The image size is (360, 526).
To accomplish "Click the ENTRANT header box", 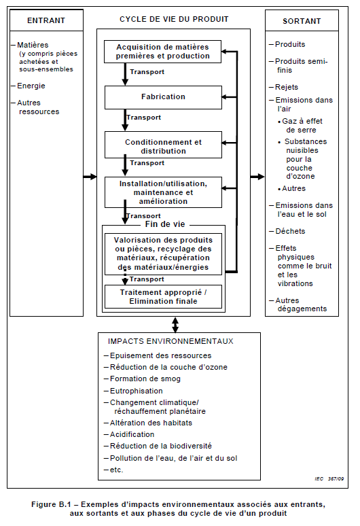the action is [x=46, y=20].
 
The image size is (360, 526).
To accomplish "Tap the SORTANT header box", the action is [x=302, y=21].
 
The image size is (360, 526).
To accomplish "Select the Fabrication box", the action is [x=163, y=97].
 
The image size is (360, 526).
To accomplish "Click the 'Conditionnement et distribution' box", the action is [x=163, y=145].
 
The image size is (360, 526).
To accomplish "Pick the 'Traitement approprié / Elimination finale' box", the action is [x=163, y=296].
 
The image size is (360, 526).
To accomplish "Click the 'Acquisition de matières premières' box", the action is [x=162, y=52].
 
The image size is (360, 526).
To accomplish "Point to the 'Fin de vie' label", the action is [x=165, y=224].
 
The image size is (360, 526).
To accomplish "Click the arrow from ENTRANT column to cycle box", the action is [x=90, y=177].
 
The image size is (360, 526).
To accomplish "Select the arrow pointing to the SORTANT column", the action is [x=257, y=177].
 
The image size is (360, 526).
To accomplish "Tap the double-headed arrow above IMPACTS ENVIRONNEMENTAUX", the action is [x=175, y=325].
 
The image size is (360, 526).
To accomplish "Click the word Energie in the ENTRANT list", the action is [x=31, y=86].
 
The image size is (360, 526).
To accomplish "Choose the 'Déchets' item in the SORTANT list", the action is [x=290, y=231].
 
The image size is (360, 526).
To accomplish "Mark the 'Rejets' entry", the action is [x=287, y=87].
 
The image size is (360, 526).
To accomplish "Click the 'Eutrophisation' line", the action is [x=136, y=391].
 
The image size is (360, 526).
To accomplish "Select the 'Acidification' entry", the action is [x=132, y=434].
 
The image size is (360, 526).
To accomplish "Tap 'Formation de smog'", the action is [x=145, y=379].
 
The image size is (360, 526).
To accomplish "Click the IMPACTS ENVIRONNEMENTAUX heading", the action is [x=170, y=342].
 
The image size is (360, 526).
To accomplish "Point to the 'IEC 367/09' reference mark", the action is [x=329, y=478].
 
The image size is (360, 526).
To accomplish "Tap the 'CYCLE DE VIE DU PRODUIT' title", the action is [x=174, y=19].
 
